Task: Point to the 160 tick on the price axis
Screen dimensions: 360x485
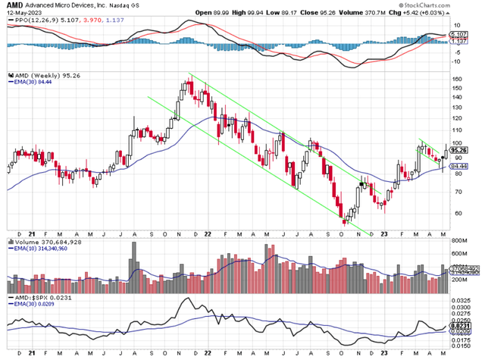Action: click(456, 79)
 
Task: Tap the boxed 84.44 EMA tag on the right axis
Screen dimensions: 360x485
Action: click(458, 165)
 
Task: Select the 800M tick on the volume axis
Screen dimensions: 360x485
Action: click(459, 243)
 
